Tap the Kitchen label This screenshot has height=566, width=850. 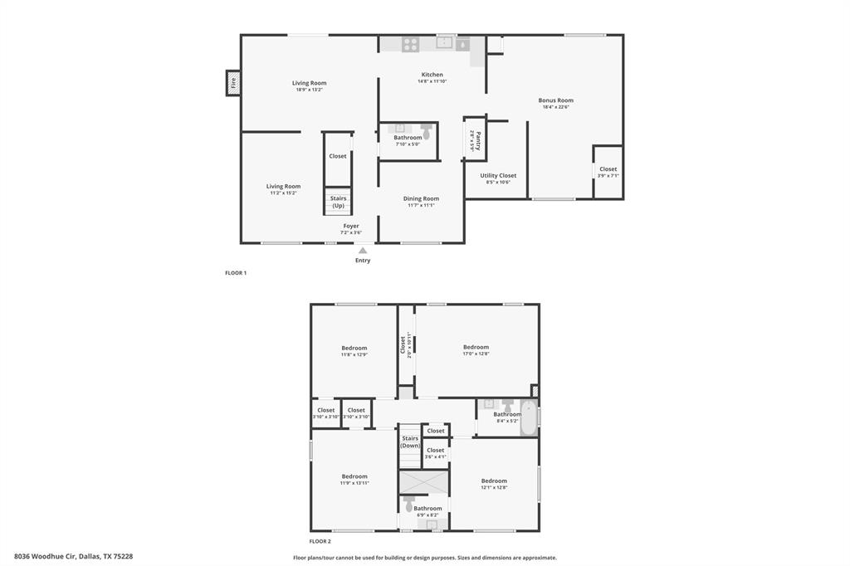click(x=432, y=75)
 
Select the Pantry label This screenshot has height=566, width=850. click(x=477, y=139)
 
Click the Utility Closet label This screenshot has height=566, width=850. click(x=498, y=175)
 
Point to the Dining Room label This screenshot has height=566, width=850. click(x=421, y=198)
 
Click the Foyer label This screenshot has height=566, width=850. click(x=351, y=226)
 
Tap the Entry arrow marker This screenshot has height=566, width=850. click(x=363, y=250)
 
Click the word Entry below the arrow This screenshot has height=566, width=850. click(x=363, y=261)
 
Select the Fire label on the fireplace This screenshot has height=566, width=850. click(x=233, y=83)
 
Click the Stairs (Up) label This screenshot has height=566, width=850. click(x=338, y=202)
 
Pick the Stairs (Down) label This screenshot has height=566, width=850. click(x=410, y=442)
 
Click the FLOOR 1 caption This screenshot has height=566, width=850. click(x=236, y=273)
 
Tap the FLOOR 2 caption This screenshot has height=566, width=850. click(x=319, y=541)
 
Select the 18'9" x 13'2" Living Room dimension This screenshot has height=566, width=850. click(x=309, y=90)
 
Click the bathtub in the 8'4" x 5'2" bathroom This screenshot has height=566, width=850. click(x=529, y=417)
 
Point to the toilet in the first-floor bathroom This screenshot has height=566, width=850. click(x=426, y=130)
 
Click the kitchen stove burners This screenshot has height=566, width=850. click(x=410, y=44)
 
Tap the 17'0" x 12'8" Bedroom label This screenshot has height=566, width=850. click(x=476, y=347)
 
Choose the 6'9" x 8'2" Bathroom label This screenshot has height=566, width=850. click(x=427, y=508)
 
